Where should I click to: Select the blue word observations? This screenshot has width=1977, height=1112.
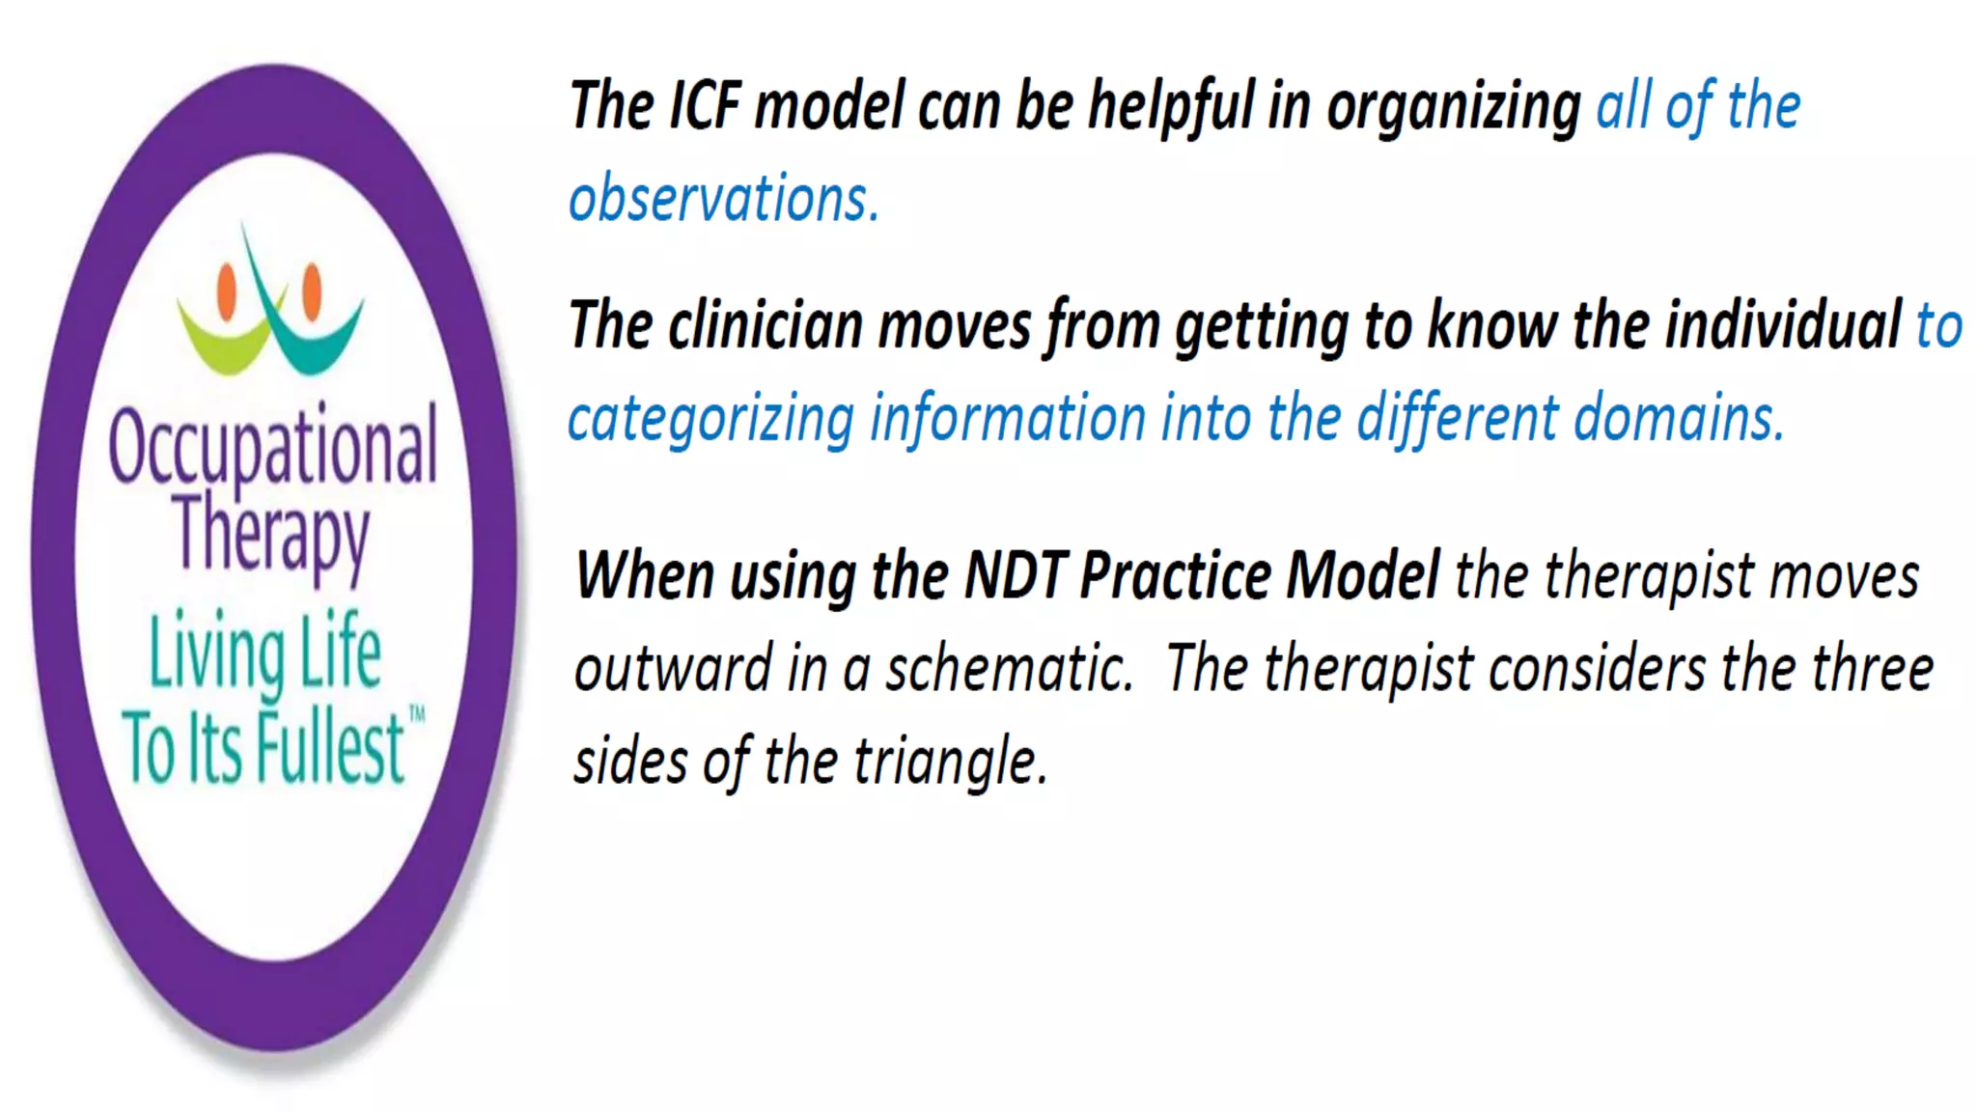(723, 199)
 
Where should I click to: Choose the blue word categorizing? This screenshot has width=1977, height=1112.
(710, 420)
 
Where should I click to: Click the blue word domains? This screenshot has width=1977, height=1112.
(1679, 419)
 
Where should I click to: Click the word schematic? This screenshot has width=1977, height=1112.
(1010, 669)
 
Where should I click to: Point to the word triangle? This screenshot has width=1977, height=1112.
(950, 763)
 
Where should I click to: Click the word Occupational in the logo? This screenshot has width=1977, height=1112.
(273, 447)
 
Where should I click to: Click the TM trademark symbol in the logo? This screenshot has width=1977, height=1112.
(417, 714)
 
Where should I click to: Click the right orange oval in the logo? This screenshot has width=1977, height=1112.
(312, 291)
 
